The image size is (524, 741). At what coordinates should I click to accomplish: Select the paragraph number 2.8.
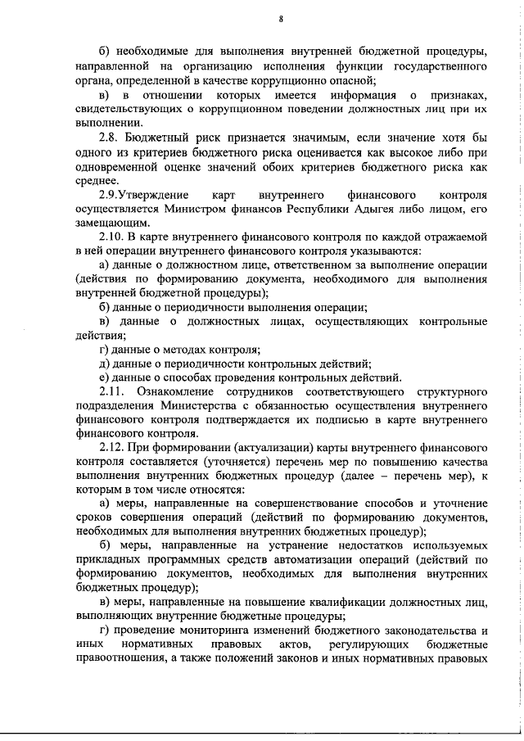(x=110, y=139)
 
